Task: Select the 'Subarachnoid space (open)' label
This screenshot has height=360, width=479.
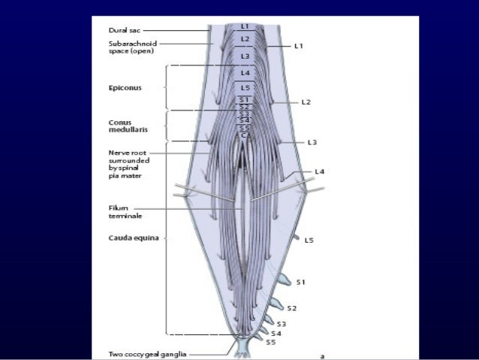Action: coord(131,47)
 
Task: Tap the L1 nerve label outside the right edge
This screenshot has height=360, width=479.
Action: coord(298,46)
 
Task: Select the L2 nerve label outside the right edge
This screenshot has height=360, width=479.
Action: coord(306,101)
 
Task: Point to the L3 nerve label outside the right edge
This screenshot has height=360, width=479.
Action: coord(312,141)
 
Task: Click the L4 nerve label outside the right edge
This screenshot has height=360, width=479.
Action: coord(320,172)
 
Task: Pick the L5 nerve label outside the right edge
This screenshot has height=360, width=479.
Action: coord(309,240)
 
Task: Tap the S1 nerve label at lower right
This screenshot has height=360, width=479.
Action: coord(300,282)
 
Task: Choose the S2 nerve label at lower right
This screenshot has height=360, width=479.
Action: coord(292,308)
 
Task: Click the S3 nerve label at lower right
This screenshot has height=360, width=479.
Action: coord(282,323)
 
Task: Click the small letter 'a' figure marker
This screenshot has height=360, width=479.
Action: coord(322,355)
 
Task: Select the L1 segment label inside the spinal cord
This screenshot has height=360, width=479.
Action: coord(245,26)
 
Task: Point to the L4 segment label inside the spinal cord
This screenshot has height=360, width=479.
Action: coord(245,72)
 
